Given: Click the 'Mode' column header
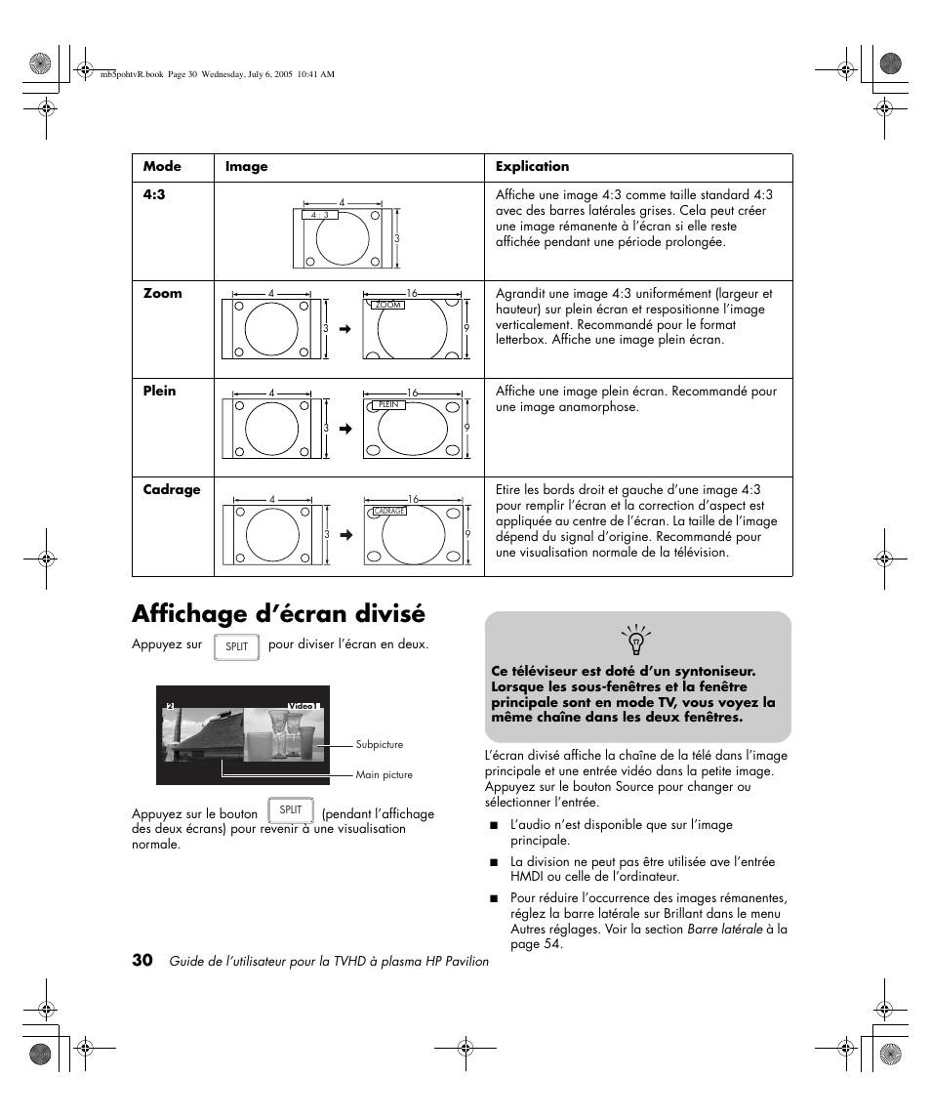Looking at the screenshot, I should [162, 166].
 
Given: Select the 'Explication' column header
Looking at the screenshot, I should [532, 166].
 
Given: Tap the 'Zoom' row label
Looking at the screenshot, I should [163, 293].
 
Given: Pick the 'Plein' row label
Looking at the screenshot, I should [160, 391].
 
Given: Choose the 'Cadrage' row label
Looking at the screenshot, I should [172, 489].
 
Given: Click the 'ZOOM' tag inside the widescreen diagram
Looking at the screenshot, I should [388, 305].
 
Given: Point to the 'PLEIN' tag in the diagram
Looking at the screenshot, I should [389, 404].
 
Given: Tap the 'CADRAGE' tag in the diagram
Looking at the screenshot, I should [389, 511].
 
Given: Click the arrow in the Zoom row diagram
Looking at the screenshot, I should [344, 329].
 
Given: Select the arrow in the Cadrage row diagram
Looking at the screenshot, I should [344, 535].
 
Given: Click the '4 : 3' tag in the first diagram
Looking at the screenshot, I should [321, 215].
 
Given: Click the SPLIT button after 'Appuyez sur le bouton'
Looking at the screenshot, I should [291, 810].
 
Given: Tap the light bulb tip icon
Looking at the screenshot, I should [636, 641].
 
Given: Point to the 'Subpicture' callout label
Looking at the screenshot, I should [379, 744].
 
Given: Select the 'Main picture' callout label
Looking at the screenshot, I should [384, 774].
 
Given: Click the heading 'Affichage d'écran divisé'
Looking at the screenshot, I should [278, 613].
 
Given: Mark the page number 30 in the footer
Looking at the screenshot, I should [142, 960].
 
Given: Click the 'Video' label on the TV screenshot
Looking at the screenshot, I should [301, 705].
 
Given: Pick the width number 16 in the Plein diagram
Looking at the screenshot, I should [412, 393].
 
